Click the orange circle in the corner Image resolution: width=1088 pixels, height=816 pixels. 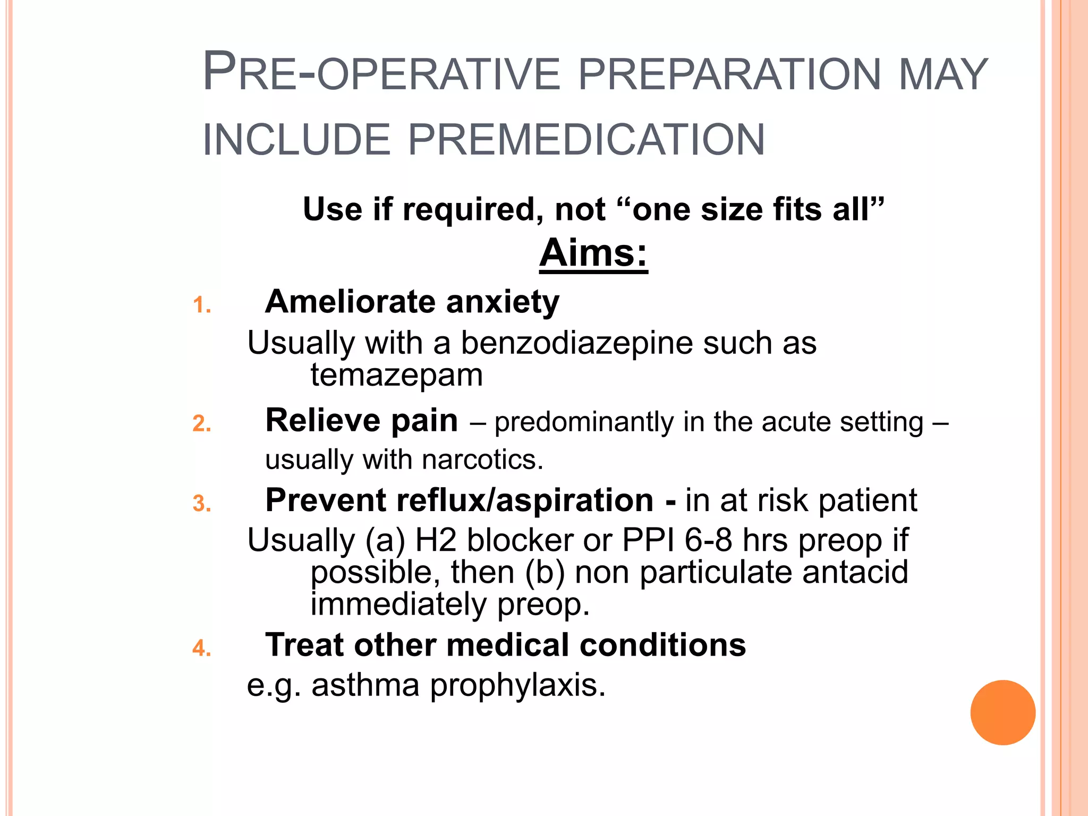click(1002, 712)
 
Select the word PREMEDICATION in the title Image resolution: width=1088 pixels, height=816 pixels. click(586, 140)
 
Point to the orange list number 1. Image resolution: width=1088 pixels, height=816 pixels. click(202, 305)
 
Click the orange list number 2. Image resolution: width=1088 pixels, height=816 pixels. click(202, 423)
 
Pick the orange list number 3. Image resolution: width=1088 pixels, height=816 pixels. click(202, 504)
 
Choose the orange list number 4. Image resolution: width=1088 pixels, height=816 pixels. click(202, 648)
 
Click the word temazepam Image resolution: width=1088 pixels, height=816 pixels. click(396, 376)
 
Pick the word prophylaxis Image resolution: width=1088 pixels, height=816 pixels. click(517, 686)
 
